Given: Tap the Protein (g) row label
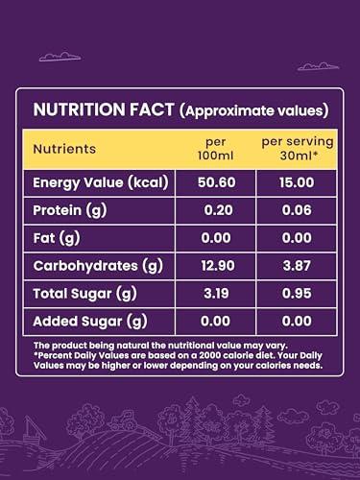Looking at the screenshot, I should coord(69,210).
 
